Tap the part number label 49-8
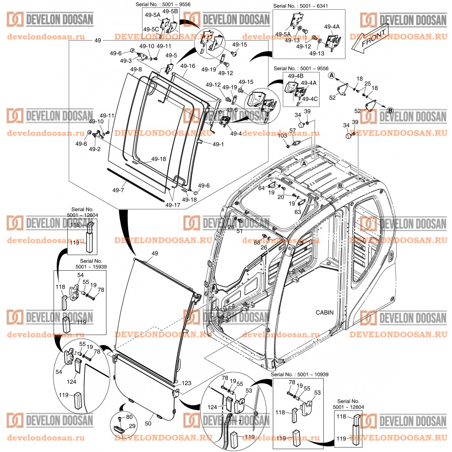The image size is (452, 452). pos(136,70)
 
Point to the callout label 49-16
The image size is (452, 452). pos(187,66)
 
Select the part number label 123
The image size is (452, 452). pos(186,383)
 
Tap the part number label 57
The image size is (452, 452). pos(292,131)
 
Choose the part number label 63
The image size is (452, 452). pos(298,212)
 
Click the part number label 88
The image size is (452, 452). pos(256,242)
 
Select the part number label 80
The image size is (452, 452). pos(129,417)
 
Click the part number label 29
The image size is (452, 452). pos(132,426)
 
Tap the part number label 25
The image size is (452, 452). pos(368,84)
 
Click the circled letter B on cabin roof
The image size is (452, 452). pos(339,185)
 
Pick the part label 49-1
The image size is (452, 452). pos(218,144)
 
